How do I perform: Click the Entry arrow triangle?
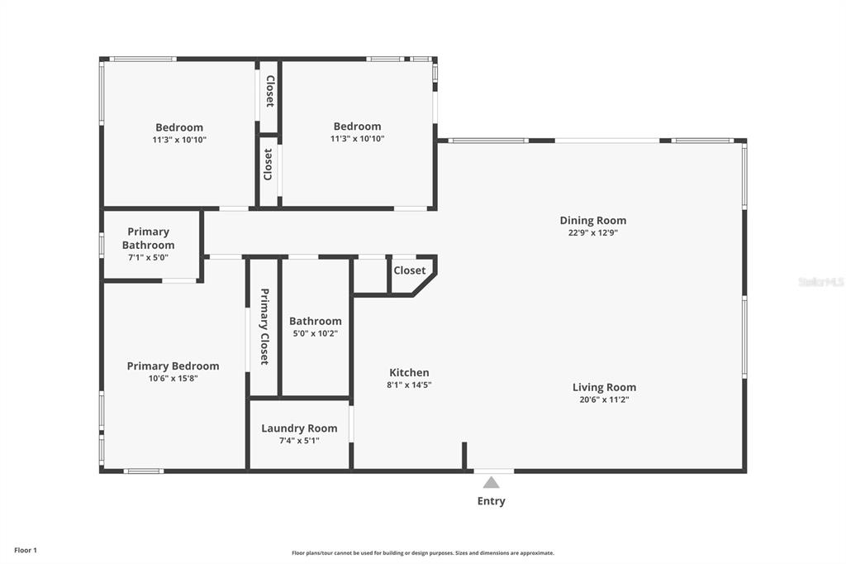tap(492, 483)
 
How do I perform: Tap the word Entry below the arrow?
tap(492, 501)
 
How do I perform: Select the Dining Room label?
tap(593, 220)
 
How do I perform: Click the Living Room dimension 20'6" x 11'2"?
tap(605, 399)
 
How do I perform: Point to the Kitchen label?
tap(409, 373)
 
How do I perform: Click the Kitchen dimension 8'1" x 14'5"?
tap(409, 385)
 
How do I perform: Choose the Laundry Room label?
tap(299, 428)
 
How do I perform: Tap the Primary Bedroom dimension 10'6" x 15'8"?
tap(173, 378)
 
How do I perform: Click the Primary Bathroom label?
tap(149, 238)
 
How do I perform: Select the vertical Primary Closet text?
tap(264, 327)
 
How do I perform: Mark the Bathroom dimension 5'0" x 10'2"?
tap(315, 333)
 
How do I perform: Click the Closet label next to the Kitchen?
tap(410, 270)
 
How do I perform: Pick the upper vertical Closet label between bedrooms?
tap(269, 91)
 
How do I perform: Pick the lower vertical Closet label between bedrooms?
tap(269, 165)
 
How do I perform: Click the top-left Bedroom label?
tap(179, 127)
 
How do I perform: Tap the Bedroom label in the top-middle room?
tap(357, 127)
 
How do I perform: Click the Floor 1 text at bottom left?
tap(25, 550)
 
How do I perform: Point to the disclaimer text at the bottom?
tap(422, 553)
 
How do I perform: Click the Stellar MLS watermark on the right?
tap(820, 282)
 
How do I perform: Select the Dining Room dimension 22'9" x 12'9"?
tap(593, 232)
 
